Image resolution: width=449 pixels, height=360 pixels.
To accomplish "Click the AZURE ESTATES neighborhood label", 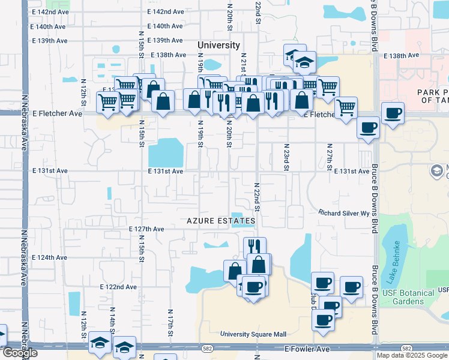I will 221,221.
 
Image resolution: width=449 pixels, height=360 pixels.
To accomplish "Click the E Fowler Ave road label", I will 307,349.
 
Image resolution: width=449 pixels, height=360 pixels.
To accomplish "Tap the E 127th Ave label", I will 146,229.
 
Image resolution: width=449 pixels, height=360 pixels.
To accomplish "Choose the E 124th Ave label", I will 49,257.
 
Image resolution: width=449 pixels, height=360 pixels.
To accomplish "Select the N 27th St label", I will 330,157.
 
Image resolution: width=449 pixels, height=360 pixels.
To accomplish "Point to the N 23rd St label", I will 287,157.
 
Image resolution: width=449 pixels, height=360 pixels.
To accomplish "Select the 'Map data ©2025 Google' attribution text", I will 412,355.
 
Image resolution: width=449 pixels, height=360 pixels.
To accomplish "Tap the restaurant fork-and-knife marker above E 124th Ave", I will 255,246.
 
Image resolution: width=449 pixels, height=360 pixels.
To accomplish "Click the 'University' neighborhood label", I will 219,46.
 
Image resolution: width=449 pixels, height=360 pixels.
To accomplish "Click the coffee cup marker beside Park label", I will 393,113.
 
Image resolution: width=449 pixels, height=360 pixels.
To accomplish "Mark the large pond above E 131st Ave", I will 165,152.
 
